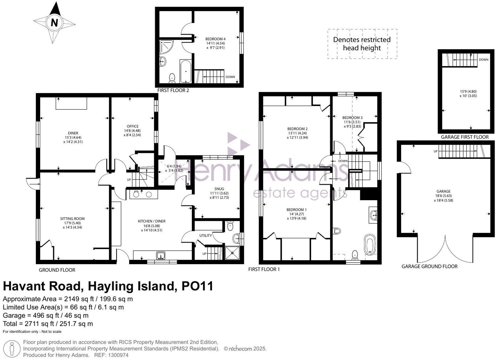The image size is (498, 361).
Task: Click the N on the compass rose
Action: [54, 23]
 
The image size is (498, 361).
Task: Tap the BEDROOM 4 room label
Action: [215, 39]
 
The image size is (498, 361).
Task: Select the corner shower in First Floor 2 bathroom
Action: [166, 47]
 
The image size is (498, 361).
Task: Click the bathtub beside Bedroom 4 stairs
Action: [185, 71]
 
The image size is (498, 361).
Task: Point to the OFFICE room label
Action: [132, 126]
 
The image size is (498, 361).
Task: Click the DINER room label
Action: [73, 133]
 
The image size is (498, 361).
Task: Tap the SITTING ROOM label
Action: [72, 219]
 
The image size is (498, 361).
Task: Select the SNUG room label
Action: [219, 189]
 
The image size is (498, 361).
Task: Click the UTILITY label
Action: [205, 235]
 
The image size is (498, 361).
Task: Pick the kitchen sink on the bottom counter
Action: [161, 256]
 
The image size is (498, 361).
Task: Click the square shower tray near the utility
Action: [232, 253]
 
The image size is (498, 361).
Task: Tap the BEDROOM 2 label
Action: [297, 129]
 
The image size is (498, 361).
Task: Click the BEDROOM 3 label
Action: [352, 118]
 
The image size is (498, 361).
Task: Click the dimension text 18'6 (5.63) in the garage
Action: [443, 196]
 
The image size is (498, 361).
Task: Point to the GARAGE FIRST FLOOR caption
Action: [464, 137]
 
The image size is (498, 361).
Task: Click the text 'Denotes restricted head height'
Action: [362, 44]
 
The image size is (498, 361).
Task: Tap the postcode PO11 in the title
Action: [197, 286]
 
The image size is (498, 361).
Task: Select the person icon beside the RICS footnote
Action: [12, 349]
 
